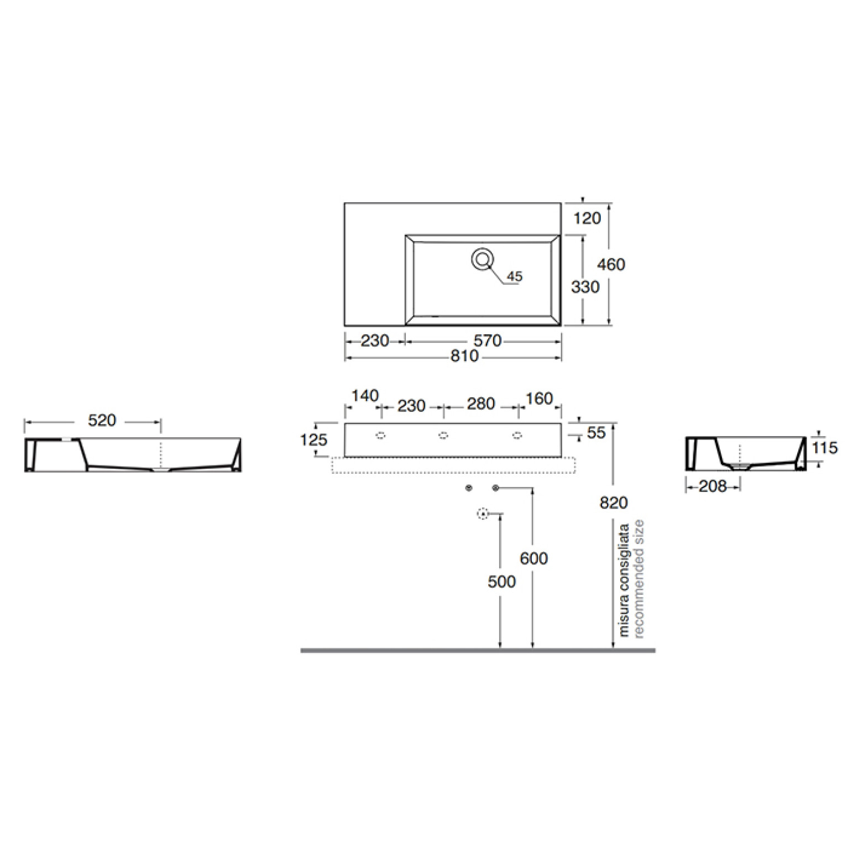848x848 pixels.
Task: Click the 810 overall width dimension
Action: (x=464, y=356)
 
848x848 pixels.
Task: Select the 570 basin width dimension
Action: (x=488, y=341)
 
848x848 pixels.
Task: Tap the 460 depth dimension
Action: (x=611, y=264)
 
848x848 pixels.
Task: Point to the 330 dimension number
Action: (x=585, y=287)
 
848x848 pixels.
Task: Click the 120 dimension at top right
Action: (x=587, y=218)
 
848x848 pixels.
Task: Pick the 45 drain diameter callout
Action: (x=515, y=276)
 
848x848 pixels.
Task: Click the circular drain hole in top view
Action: (x=483, y=259)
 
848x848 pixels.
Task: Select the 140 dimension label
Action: (x=365, y=396)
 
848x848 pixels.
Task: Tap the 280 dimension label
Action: (x=481, y=404)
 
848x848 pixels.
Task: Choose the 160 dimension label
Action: (x=540, y=399)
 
